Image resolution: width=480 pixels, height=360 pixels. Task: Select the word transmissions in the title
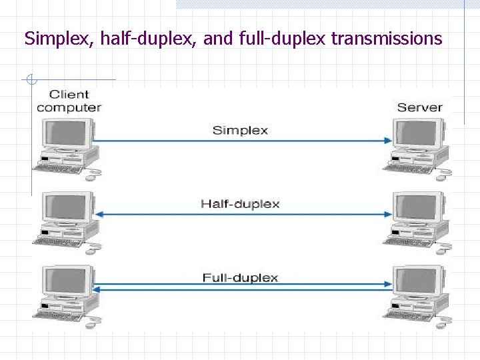(x=387, y=39)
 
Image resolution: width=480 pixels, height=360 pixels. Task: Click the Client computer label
(x=69, y=101)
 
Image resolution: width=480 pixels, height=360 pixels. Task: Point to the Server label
(x=419, y=107)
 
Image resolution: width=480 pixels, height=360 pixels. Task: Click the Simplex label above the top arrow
(x=240, y=130)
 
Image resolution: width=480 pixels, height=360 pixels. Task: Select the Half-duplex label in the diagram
(x=240, y=203)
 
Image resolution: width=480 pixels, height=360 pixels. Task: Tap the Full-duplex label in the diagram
(x=240, y=277)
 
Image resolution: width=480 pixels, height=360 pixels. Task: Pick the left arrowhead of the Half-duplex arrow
(x=98, y=214)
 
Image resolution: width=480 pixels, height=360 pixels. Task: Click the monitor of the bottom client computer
(x=67, y=282)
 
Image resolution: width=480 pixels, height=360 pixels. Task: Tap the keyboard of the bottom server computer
(x=408, y=315)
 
